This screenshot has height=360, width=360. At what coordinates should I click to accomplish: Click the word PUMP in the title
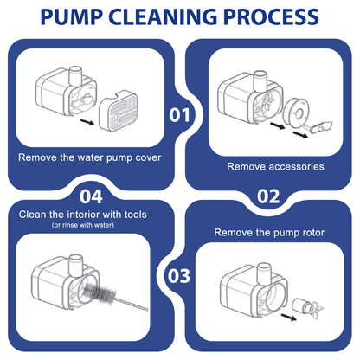72,16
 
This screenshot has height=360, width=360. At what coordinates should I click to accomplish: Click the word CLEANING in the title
163,16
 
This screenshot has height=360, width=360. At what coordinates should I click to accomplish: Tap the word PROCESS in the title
271,16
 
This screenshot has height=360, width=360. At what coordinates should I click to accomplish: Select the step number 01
179,115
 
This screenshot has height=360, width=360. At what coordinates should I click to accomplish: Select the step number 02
268,196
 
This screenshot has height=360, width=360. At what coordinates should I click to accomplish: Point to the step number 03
179,276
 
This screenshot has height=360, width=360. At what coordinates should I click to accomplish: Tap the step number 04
91,196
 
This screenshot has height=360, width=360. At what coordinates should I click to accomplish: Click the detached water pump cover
119,111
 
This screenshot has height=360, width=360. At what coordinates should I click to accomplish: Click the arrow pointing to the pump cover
87,122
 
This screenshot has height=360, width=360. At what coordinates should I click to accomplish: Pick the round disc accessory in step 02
295,111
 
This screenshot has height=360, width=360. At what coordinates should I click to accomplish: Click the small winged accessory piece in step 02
318,127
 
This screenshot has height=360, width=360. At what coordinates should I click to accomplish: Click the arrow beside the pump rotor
289,317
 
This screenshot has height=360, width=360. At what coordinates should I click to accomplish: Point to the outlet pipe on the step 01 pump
76,75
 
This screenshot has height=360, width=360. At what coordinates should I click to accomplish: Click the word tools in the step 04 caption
136,215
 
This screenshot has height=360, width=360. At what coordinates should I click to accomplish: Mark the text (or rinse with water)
83,225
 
